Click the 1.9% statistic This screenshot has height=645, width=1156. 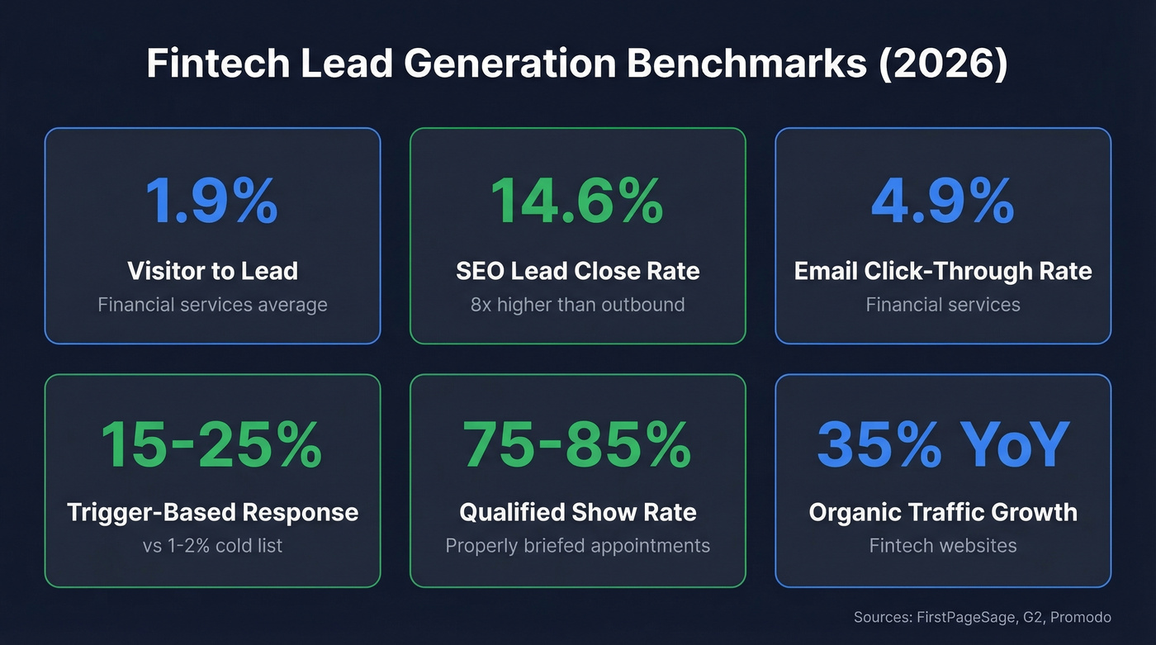[x=212, y=201]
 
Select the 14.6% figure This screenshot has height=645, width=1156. [x=577, y=201]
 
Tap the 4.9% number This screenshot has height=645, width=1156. [x=942, y=201]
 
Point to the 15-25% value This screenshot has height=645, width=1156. [x=212, y=444]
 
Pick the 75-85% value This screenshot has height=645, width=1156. [x=577, y=444]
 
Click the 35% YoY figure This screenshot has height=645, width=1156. [x=942, y=444]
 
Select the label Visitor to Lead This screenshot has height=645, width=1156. [x=212, y=270]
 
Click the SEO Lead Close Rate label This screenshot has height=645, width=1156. [x=577, y=270]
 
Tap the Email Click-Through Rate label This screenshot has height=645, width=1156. [x=942, y=270]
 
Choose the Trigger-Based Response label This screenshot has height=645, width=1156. [x=212, y=512]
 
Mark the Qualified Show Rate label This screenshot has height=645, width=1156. [x=577, y=512]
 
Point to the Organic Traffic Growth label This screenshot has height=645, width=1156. [x=942, y=512]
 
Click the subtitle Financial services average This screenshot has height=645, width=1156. [x=212, y=305]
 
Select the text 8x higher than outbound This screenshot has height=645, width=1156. [x=577, y=305]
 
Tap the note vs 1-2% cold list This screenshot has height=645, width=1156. [x=212, y=546]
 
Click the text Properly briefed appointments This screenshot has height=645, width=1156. [x=577, y=546]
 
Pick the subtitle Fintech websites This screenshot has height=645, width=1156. [x=942, y=546]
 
